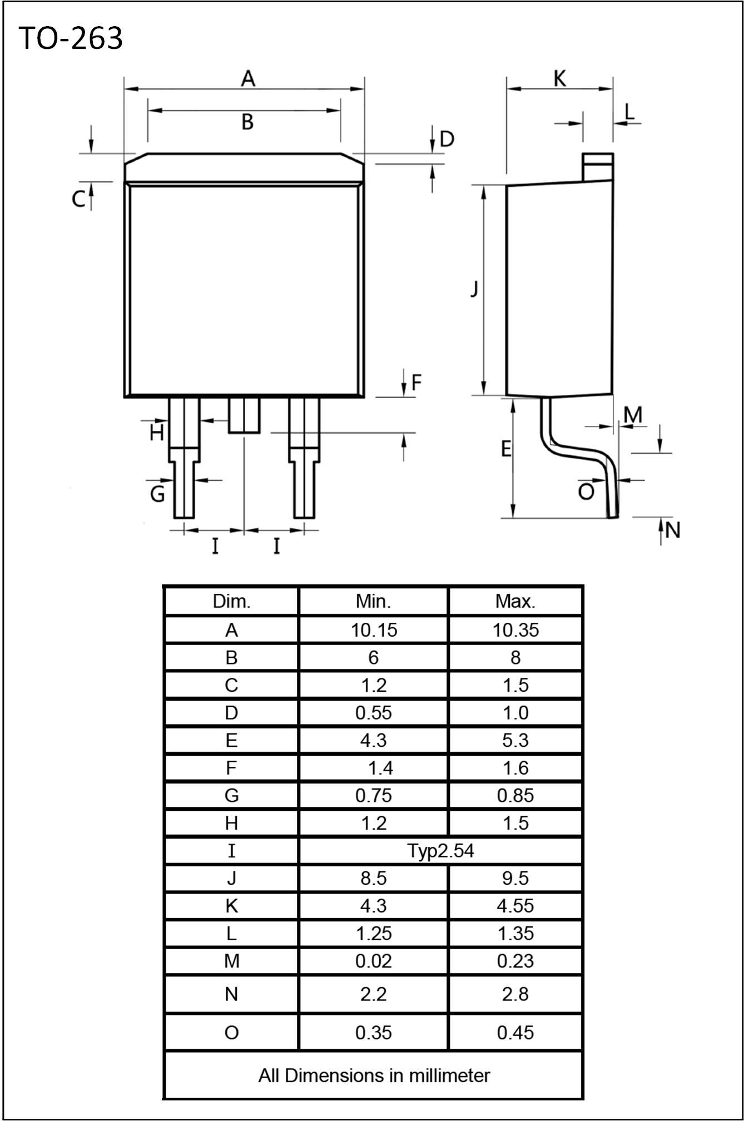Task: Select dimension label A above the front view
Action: click(x=248, y=79)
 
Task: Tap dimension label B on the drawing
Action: click(x=247, y=122)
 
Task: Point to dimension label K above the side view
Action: click(x=559, y=79)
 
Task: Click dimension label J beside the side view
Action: click(x=474, y=289)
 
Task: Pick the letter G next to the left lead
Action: click(x=158, y=493)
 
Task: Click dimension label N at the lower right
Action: click(x=673, y=530)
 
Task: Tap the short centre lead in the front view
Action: click(x=244, y=415)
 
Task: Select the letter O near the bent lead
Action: click(x=586, y=492)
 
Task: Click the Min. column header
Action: click(x=373, y=601)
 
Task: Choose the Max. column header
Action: click(x=515, y=601)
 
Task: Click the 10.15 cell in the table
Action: click(x=373, y=630)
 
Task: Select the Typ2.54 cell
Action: click(x=440, y=851)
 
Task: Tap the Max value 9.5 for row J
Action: click(x=515, y=878)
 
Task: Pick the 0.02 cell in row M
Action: click(x=373, y=961)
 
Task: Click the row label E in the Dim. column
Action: click(x=231, y=740)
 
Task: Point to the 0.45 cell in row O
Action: click(x=515, y=1033)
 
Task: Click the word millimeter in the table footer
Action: click(x=449, y=1075)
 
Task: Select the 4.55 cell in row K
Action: click(x=515, y=906)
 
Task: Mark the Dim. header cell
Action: click(x=231, y=601)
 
